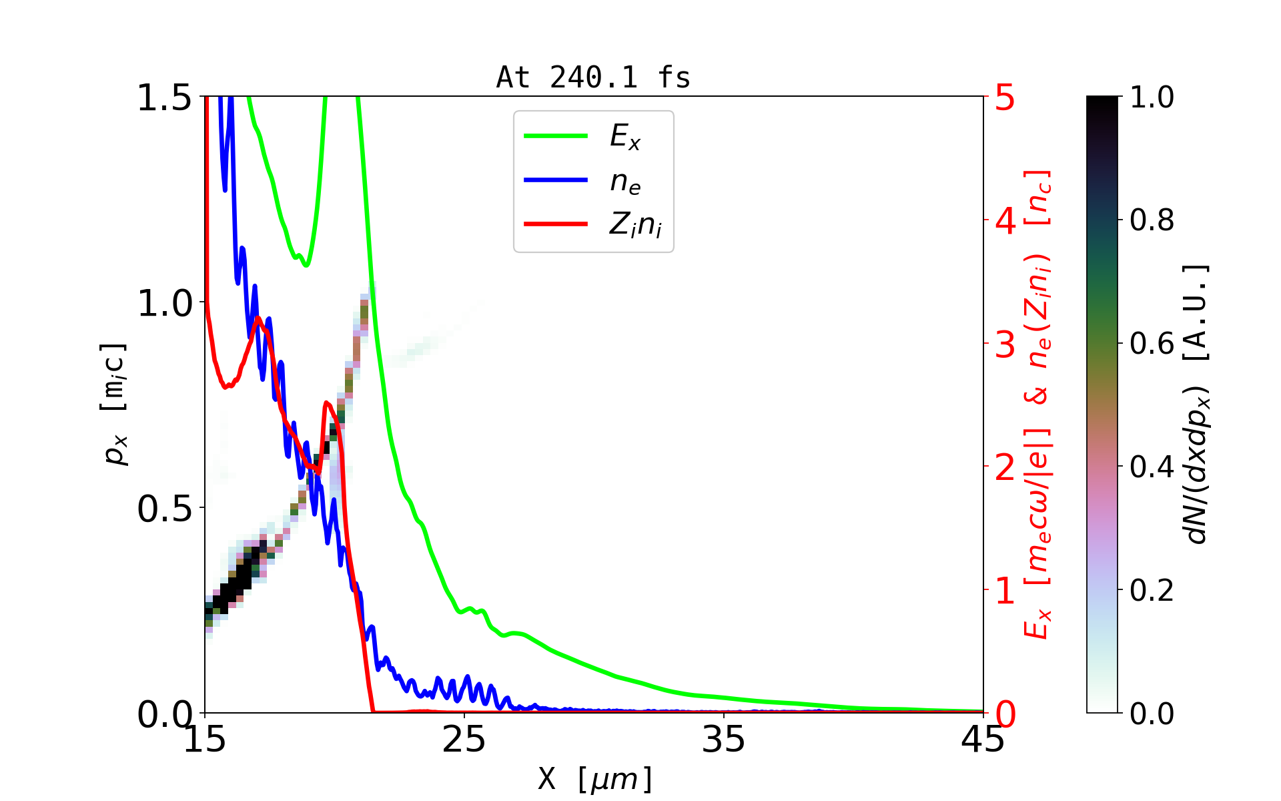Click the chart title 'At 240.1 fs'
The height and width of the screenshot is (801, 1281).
click(x=593, y=78)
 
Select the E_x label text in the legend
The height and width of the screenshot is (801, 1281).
click(x=624, y=137)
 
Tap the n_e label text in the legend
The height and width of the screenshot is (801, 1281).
click(x=624, y=181)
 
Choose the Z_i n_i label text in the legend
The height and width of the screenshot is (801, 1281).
click(x=635, y=225)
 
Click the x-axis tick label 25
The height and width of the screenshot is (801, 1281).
click(x=464, y=740)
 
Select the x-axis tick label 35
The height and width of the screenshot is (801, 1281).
click(x=724, y=740)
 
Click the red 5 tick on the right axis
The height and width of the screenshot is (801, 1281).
click(x=1005, y=98)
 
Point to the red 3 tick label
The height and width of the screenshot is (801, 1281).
click(x=1005, y=344)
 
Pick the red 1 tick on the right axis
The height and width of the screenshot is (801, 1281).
click(x=1005, y=591)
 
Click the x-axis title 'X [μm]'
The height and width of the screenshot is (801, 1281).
click(x=595, y=778)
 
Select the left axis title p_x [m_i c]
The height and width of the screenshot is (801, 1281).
click(x=114, y=405)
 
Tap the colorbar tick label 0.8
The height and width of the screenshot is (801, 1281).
click(x=1152, y=220)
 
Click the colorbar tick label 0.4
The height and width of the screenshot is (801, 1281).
click(x=1152, y=467)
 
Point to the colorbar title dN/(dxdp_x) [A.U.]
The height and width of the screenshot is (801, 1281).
click(x=1198, y=405)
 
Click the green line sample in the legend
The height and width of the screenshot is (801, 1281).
click(x=556, y=136)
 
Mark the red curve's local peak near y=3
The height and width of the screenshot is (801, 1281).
click(x=258, y=318)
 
